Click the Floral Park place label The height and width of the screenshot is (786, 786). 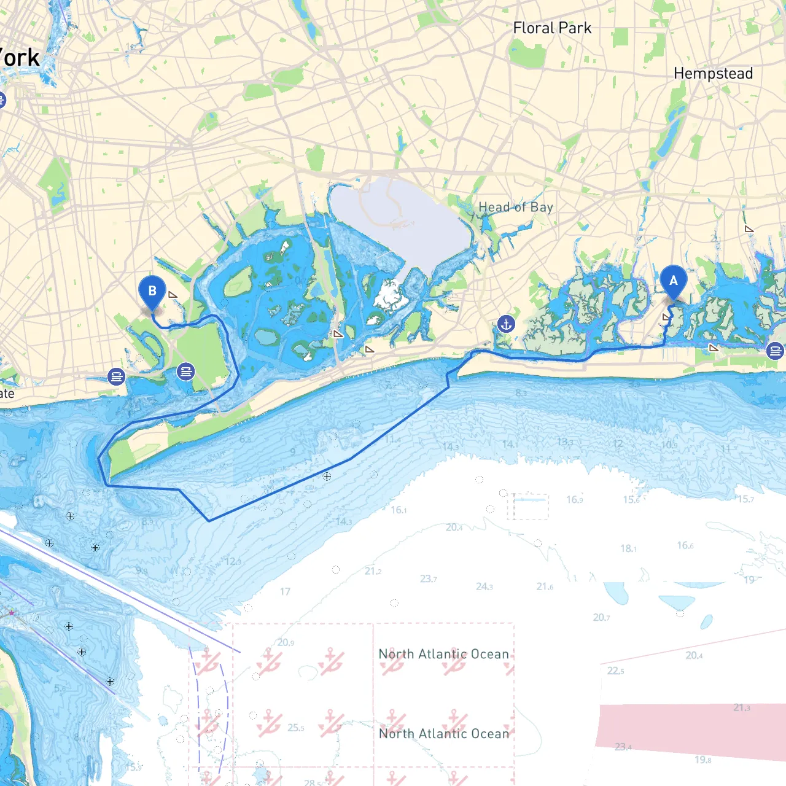click(x=552, y=28)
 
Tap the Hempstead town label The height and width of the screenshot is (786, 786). click(x=713, y=74)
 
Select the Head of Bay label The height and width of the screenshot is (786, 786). click(x=516, y=208)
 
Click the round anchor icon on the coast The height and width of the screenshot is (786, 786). click(x=506, y=324)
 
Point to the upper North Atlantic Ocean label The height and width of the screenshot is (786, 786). click(x=443, y=654)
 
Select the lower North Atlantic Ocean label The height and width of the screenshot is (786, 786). click(x=443, y=734)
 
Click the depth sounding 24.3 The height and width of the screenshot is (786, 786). click(x=484, y=587)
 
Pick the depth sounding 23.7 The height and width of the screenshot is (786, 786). click(x=429, y=579)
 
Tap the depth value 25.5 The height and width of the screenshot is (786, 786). click(x=295, y=728)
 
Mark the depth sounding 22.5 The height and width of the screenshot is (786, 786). click(x=616, y=671)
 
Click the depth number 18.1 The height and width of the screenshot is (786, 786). click(x=628, y=548)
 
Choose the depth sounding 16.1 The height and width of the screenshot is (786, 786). click(x=399, y=510)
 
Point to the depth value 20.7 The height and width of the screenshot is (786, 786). click(x=601, y=617)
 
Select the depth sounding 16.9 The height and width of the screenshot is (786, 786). click(x=574, y=499)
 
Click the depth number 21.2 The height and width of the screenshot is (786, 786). click(x=373, y=571)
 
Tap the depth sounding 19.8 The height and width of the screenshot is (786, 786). click(x=703, y=760)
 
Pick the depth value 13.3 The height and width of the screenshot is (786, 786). click(x=565, y=442)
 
